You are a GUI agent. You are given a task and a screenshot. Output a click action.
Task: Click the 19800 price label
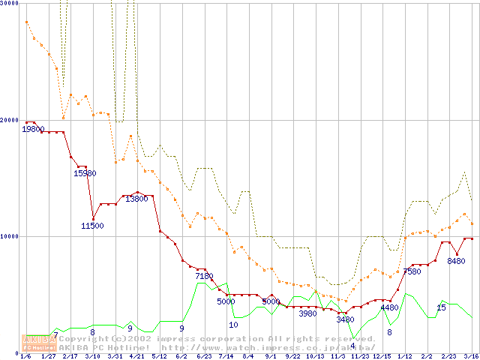pos(33,129)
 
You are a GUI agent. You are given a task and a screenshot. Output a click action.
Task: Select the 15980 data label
pos(85,173)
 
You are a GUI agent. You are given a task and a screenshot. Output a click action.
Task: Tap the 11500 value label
pos(93,226)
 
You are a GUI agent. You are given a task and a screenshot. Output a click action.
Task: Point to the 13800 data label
pos(136,199)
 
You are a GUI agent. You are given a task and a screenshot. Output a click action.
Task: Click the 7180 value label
pos(204,276)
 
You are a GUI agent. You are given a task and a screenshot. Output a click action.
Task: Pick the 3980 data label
pos(307,313)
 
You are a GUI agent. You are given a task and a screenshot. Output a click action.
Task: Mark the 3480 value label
pos(345,319)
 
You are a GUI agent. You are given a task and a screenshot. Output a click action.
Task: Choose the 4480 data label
pos(389,307)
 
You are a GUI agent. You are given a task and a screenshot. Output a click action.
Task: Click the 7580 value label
pos(412,271)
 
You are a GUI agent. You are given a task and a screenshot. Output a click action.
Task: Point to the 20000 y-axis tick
pos(9,120)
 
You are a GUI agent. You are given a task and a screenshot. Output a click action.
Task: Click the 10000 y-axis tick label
pos(9,236)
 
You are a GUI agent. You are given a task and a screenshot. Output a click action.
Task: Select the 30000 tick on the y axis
pos(9,3)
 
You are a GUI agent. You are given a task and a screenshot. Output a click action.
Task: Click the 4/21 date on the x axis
pos(137,356)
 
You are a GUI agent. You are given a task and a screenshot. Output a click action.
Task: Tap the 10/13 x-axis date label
pos(315,356)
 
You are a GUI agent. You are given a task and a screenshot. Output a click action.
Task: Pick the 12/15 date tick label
pos(382,356)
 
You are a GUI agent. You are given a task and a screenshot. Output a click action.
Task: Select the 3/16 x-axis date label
pos(471,356)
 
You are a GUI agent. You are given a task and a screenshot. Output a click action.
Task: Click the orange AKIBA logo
pos(40,342)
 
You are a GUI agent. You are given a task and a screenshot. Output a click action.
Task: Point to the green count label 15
pos(441,307)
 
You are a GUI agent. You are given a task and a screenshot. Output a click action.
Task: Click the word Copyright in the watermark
pos(83,339)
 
